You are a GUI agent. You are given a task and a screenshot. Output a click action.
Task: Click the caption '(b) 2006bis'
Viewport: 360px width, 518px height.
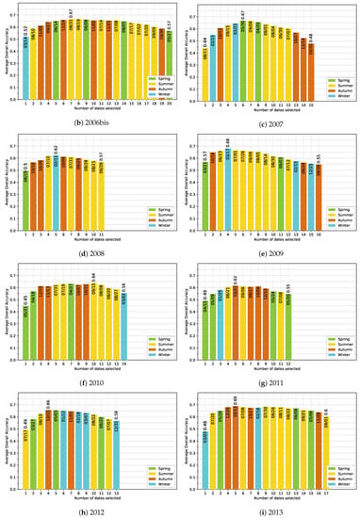click(90, 122)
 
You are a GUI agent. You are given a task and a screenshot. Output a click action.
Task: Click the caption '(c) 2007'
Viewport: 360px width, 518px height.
click(270, 122)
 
